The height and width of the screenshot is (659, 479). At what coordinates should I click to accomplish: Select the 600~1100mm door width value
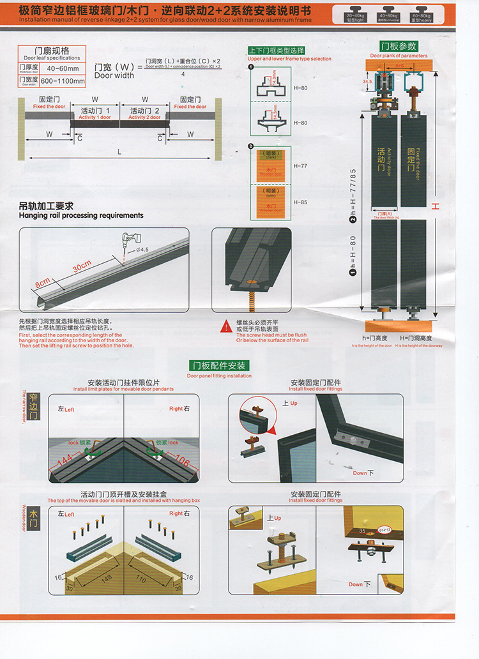62,80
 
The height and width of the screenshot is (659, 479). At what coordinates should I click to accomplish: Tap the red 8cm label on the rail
43,281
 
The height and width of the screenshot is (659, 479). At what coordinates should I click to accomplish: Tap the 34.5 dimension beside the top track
367,82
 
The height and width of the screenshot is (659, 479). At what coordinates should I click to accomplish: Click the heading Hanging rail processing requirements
81,215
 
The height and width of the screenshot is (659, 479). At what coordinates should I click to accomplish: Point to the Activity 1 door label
95,114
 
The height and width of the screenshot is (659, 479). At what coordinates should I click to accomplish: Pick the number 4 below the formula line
183,74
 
